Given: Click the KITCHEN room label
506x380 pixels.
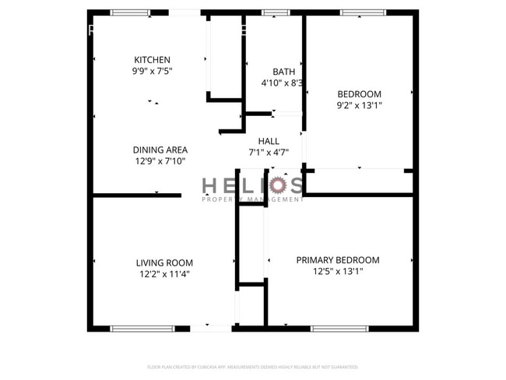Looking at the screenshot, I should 152,60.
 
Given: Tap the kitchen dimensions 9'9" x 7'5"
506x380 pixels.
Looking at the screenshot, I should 152,71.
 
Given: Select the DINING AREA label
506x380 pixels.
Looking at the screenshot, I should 160,150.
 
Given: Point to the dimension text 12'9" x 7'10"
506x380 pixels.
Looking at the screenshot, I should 160,161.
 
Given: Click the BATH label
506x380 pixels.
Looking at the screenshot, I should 283,72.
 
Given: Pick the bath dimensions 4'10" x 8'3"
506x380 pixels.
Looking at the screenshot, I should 282,83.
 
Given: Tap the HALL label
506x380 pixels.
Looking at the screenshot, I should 269,141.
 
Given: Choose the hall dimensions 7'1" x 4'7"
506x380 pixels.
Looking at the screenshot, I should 269,153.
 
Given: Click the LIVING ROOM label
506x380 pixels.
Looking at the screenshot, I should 164,263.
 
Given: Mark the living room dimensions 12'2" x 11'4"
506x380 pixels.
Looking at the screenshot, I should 164,274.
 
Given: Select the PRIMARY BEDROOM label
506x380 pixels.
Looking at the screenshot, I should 338,260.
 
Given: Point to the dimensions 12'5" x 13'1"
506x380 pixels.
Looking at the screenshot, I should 338,272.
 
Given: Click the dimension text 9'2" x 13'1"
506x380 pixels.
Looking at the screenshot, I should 360,105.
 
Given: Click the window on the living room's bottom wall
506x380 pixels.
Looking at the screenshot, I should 132,329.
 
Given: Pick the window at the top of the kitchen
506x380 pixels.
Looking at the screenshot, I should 130,12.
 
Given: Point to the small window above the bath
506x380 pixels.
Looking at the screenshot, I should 276,12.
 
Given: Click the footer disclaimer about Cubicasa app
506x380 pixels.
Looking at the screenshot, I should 253,367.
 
